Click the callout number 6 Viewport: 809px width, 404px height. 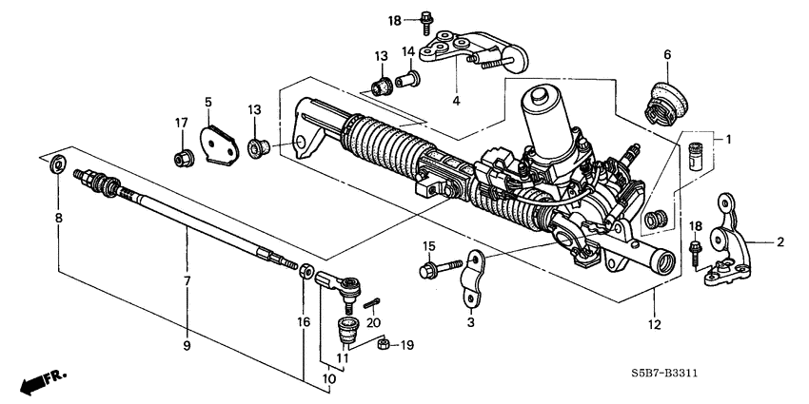pyautogui.click(x=667, y=55)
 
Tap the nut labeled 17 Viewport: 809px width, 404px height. pyautogui.click(x=180, y=157)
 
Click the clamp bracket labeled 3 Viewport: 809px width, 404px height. pyautogui.click(x=469, y=281)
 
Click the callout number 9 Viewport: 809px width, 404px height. pyautogui.click(x=187, y=345)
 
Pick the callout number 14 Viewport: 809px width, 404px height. pyautogui.click(x=404, y=51)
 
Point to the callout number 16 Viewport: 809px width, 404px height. pyautogui.click(x=304, y=322)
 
